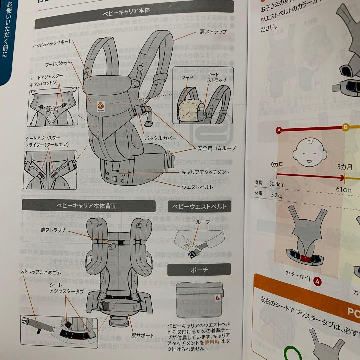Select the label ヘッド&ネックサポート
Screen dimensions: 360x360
coord(52,45)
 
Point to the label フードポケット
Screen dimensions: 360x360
coord(57,63)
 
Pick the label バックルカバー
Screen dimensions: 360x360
coord(158,137)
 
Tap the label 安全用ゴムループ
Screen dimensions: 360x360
coord(216,148)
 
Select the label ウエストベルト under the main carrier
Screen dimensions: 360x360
coord(197,187)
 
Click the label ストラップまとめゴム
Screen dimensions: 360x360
coord(41,272)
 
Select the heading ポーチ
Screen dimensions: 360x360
coord(199,270)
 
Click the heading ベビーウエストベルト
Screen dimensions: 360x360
coord(199,206)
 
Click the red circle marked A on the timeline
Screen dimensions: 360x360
coord(279,130)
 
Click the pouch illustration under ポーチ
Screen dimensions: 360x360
coord(199,299)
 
